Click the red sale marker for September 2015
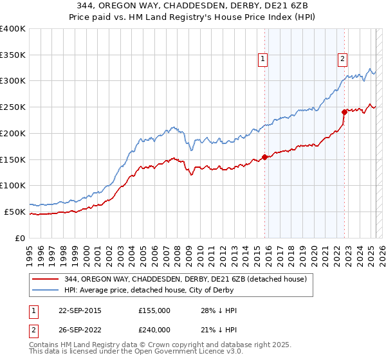click(264, 157)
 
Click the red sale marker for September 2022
click(344, 112)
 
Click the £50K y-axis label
click(15, 212)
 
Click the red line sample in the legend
click(46, 279)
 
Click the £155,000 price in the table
click(154, 310)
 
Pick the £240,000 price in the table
click(154, 330)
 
